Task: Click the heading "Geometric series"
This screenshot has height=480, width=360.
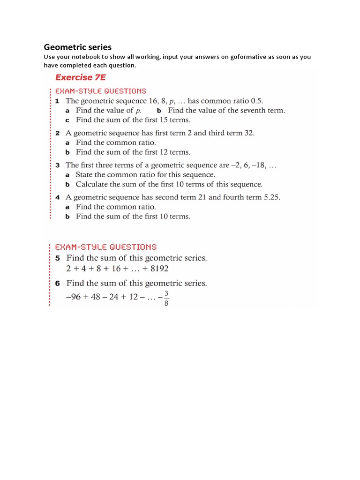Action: [77, 47]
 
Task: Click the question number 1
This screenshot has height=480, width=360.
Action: [57, 101]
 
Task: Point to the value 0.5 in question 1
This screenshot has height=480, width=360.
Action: [258, 101]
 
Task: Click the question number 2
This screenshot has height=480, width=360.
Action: [57, 133]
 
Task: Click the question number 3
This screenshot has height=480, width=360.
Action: [57, 165]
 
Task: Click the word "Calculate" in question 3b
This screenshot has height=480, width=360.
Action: [92, 184]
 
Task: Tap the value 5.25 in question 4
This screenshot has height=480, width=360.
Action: [270, 197]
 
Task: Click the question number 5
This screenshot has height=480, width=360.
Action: [57, 258]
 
